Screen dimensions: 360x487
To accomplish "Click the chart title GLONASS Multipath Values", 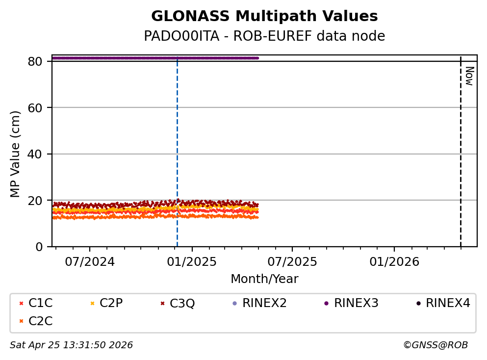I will (264, 17).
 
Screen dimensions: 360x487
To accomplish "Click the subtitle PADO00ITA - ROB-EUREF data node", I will (264, 36).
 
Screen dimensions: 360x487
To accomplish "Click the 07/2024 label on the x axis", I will (90, 262).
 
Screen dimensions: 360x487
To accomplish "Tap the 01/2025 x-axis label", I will (192, 262).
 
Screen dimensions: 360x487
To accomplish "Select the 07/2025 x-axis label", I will (292, 262).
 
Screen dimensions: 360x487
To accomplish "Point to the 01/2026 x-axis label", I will (394, 262).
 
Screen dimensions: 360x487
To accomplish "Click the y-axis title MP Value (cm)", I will (16, 154).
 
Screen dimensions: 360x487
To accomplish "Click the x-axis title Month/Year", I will (264, 279).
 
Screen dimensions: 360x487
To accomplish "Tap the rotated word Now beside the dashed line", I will (469, 76).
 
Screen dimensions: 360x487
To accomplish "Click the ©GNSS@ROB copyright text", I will (435, 345).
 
